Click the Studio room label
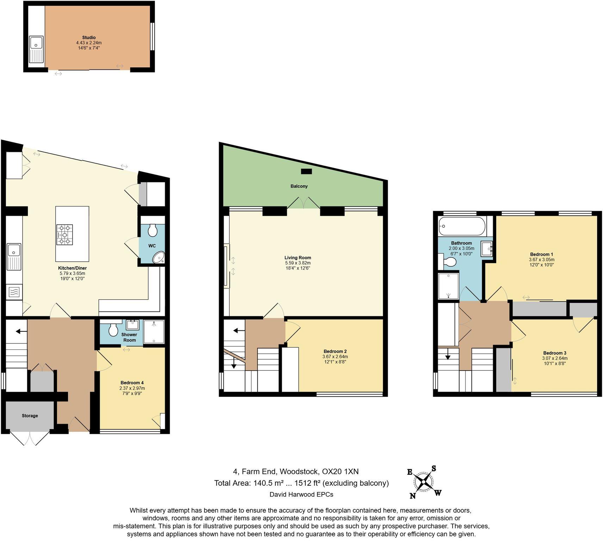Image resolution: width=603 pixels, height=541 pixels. pos(89,37)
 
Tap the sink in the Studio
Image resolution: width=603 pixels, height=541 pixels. pos(36,44)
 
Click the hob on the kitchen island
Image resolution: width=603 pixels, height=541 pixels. pos(64,235)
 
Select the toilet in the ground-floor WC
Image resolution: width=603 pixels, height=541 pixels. pos(153,230)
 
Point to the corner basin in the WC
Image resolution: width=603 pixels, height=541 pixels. pos(159,258)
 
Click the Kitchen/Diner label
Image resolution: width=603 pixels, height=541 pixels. pos(72,268)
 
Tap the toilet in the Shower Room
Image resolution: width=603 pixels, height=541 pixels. pos(113,330)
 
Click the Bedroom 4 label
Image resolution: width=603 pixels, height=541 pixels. pos(132,383)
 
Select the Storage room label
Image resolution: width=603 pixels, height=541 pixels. pos(30,416)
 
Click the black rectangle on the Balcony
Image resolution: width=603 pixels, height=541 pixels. pos(306,172)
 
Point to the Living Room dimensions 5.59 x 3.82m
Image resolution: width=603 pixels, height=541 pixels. pos(298,263)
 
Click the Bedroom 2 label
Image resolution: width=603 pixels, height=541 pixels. pos(335,351)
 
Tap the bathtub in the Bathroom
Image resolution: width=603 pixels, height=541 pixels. pos(462,226)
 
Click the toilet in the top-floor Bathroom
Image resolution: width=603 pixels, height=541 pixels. pos(449,262)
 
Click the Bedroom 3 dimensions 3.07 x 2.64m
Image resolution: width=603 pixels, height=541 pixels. pos(554,358)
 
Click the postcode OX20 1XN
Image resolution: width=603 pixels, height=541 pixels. pos(340,471)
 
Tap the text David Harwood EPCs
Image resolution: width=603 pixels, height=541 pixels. pos(301,494)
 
